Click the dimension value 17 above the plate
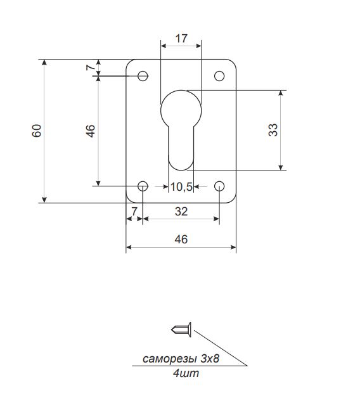click(x=181, y=39)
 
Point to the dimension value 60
click(x=37, y=131)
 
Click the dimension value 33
click(x=273, y=130)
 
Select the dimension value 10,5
click(x=181, y=187)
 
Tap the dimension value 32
click(x=181, y=212)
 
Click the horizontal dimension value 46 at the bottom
click(x=181, y=240)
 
